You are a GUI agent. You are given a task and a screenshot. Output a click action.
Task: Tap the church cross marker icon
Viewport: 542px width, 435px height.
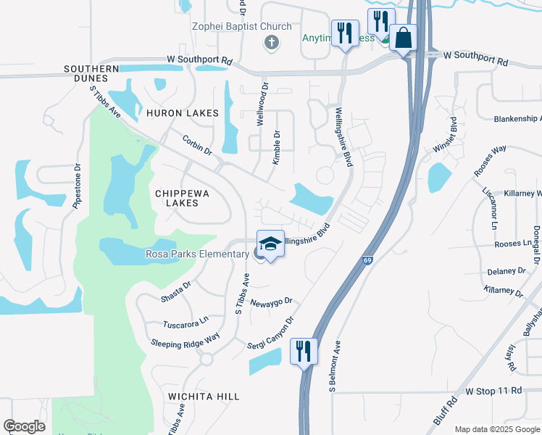[272, 42]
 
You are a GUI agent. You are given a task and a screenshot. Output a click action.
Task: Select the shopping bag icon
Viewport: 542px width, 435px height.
[403, 37]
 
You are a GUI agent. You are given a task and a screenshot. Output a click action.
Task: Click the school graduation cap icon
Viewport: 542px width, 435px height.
[270, 244]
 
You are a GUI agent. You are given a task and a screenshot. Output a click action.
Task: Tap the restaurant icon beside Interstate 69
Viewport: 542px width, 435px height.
[304, 351]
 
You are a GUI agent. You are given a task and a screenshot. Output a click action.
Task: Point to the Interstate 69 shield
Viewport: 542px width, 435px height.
[368, 260]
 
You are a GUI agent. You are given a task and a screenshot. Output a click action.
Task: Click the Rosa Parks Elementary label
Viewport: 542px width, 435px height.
[197, 254]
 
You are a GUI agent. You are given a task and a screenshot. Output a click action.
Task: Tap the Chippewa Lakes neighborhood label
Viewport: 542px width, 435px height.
[177, 198]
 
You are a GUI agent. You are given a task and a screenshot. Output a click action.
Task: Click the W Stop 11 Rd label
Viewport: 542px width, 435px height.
[493, 391]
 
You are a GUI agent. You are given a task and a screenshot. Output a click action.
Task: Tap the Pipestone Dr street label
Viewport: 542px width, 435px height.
[78, 186]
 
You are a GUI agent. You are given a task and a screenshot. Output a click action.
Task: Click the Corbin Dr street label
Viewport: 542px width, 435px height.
[197, 145]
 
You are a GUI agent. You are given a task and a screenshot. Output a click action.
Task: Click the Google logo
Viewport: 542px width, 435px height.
[24, 426]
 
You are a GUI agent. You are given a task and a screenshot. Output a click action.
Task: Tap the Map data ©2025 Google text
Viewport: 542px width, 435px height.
[497, 428]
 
